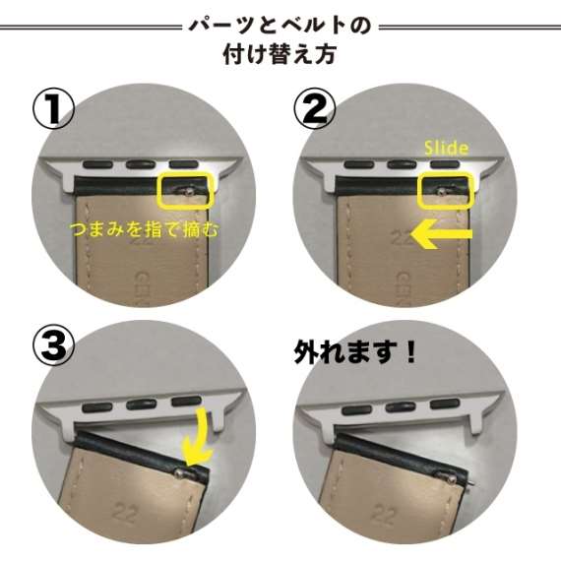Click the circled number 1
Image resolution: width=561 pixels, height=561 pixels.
click(53, 109)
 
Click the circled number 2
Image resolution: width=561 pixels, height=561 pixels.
click(314, 109)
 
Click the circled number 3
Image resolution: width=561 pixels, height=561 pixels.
click(53, 344)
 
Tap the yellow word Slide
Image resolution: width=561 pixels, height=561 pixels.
click(446, 148)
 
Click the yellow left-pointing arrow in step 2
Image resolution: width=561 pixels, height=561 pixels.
click(442, 234)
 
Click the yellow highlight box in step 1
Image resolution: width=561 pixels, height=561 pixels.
click(186, 191)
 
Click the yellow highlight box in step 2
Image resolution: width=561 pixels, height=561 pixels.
click(447, 191)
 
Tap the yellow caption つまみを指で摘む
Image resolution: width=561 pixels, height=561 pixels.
click(144, 229)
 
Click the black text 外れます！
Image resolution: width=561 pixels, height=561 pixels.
click(355, 352)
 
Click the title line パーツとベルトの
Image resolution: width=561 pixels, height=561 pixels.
click(280, 26)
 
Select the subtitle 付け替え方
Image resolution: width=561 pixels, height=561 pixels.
click(280, 54)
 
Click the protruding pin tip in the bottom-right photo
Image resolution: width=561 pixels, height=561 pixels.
click(473, 483)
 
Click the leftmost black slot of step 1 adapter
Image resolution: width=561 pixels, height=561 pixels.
click(97, 165)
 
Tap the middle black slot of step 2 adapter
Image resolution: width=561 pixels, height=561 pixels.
click(402, 165)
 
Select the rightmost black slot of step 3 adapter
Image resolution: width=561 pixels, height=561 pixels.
click(186, 402)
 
